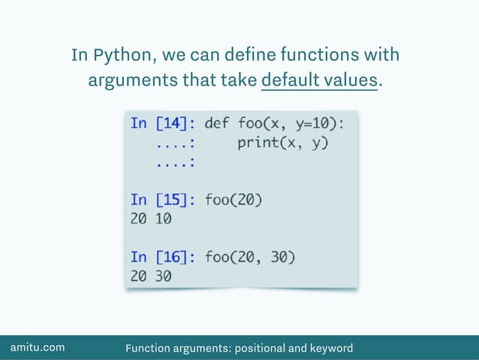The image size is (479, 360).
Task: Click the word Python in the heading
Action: coord(120,56)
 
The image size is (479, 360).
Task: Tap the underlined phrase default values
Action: coord(319,80)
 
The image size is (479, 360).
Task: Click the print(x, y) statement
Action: coord(283,141)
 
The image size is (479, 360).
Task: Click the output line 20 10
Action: coord(151,219)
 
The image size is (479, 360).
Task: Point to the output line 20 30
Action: coord(151,277)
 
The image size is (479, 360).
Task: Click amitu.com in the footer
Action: coord(37,347)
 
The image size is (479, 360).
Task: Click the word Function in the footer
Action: coord(148,348)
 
